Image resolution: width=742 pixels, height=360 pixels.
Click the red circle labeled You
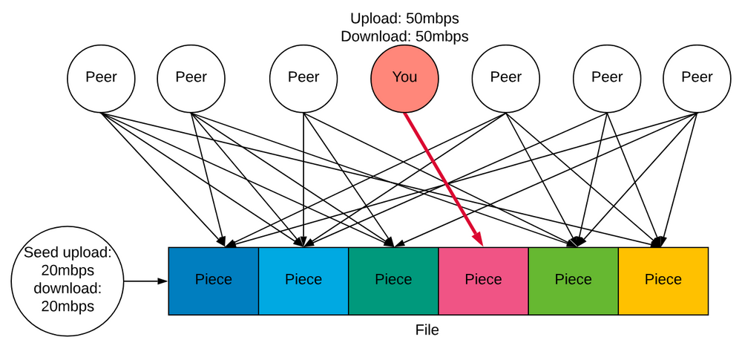[404, 77]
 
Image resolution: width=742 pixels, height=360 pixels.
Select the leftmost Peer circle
[101, 77]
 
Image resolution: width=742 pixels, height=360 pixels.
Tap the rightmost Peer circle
[697, 77]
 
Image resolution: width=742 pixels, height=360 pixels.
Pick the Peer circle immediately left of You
[303, 77]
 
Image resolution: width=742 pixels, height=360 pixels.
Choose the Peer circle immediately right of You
[506, 77]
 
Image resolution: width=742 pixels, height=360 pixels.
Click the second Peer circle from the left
[191, 77]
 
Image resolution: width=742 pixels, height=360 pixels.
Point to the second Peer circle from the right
[607, 77]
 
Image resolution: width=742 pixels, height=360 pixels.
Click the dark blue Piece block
[214, 281]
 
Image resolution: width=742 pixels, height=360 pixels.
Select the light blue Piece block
[303, 281]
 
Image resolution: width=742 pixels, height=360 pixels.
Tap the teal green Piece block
[393, 281]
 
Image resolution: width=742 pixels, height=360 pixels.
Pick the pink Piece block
[483, 281]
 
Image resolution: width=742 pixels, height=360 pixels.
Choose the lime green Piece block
[573, 281]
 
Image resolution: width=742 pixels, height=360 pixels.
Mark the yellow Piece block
[663, 281]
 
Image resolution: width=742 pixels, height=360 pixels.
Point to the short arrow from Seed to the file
[145, 282]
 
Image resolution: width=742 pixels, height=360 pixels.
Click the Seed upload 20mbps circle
[67, 279]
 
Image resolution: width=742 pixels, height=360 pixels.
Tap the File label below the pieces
[427, 330]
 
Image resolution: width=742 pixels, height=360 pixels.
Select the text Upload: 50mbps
[404, 17]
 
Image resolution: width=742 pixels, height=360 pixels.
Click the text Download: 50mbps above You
[404, 35]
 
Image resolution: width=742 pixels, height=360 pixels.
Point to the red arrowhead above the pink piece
[479, 238]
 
